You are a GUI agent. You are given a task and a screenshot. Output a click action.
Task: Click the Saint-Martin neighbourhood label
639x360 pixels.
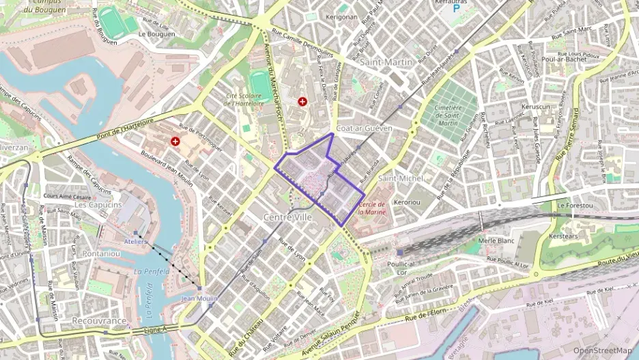[x=386, y=62]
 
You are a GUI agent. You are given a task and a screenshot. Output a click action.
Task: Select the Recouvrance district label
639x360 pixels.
[x=99, y=320]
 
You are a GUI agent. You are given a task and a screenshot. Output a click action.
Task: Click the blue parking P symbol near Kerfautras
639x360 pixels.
[x=457, y=11]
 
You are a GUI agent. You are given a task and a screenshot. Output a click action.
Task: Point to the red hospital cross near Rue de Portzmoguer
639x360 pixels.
[x=176, y=141]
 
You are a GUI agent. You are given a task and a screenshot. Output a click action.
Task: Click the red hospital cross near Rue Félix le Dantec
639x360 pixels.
[x=303, y=101]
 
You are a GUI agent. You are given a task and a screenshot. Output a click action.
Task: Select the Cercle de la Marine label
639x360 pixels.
[x=372, y=208]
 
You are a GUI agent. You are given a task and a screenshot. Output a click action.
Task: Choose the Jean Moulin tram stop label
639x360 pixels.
[x=199, y=299]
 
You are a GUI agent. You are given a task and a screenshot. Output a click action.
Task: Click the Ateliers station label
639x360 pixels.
[x=136, y=241]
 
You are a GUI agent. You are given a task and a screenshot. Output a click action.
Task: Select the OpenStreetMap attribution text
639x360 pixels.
[x=602, y=351]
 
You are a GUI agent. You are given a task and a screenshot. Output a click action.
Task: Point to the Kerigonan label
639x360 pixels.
[x=341, y=17]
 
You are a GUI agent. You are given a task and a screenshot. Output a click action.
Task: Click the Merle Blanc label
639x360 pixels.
[x=496, y=240]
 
